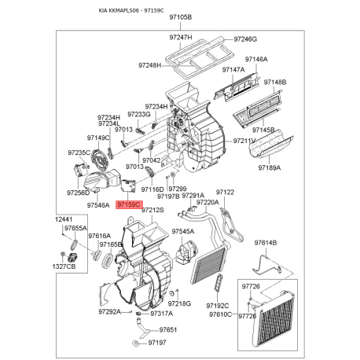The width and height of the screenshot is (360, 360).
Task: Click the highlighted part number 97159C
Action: [x=127, y=204]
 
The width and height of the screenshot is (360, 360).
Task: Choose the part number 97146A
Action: [x=255, y=59]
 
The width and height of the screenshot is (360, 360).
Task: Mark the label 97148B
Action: [x=275, y=82]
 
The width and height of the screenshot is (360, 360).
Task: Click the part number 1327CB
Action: [x=64, y=267]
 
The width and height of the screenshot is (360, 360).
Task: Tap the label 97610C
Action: [x=221, y=314]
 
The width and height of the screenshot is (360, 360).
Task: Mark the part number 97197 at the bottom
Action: [x=160, y=344]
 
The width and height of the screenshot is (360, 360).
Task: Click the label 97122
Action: [x=226, y=192]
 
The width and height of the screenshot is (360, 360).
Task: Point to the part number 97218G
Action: [x=179, y=303]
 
